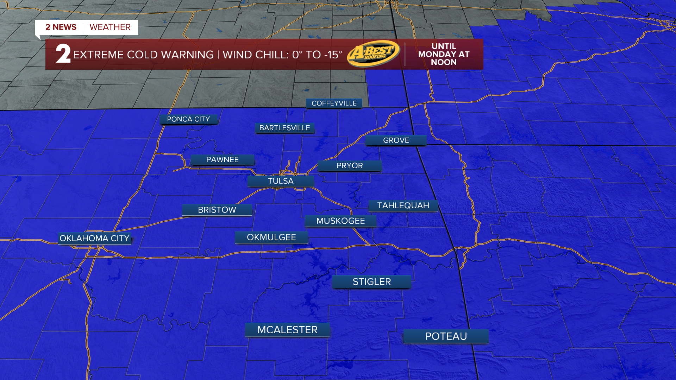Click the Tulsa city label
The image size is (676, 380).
click(281, 181)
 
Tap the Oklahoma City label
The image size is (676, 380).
click(94, 238)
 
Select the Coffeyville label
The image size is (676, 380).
click(334, 103)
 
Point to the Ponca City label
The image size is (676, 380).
click(188, 119)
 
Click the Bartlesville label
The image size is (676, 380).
click(284, 128)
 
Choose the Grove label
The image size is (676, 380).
click(396, 140)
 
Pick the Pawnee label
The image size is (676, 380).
click(222, 160)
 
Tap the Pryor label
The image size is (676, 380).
click(350, 166)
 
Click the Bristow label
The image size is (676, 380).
click(217, 210)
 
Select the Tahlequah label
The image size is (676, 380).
click(403, 206)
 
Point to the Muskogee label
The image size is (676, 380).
click(340, 221)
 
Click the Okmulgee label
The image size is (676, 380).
click(271, 237)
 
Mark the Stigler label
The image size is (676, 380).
click(372, 282)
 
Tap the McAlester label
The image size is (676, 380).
click(287, 330)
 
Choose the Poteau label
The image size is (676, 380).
click(446, 336)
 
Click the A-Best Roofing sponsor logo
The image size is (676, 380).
click(374, 53)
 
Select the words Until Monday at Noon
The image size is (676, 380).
click(444, 54)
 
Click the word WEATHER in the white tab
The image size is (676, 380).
click(110, 27)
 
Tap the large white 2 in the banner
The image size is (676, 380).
click(63, 54)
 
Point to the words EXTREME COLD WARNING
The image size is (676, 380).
click(143, 55)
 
